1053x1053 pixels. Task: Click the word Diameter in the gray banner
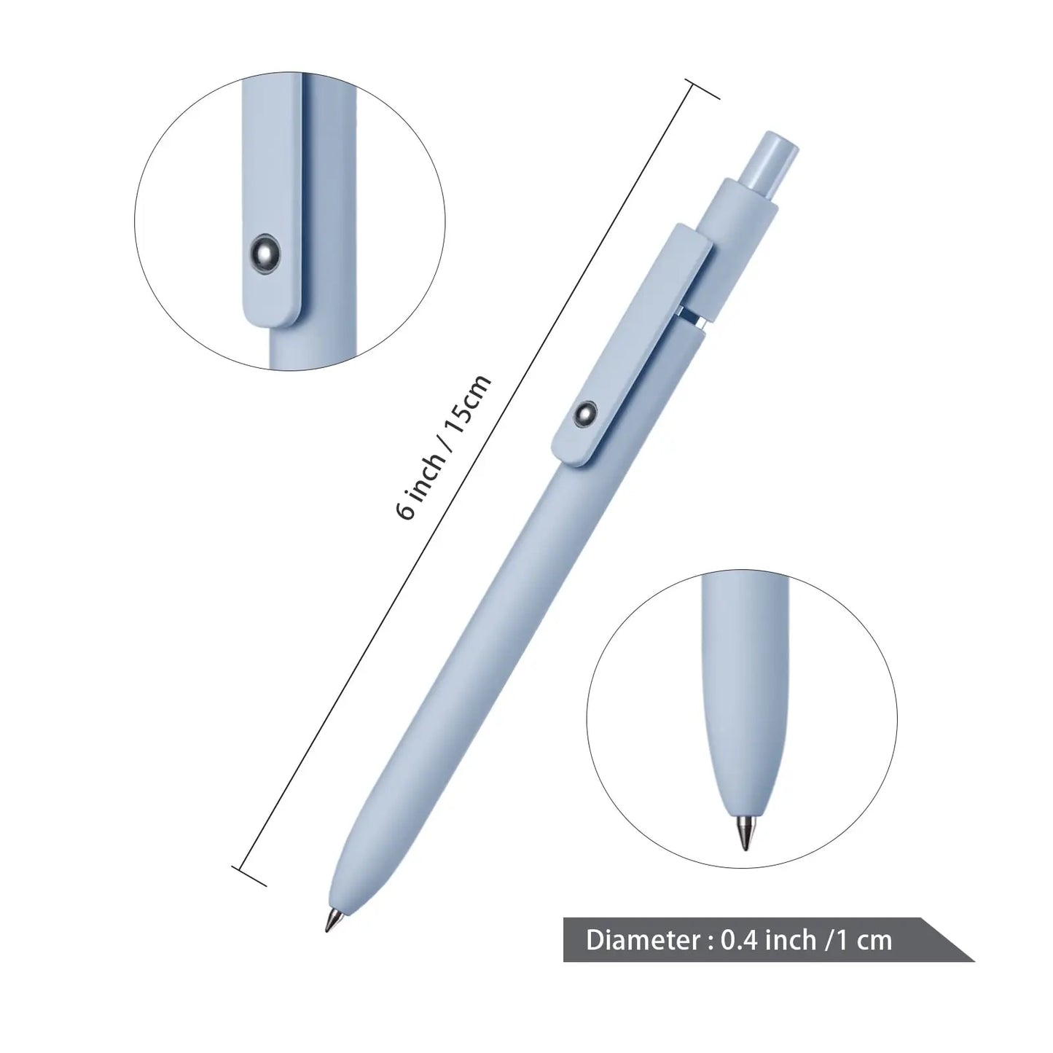[x=643, y=940]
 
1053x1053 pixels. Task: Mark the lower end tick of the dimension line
[x=248, y=875]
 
